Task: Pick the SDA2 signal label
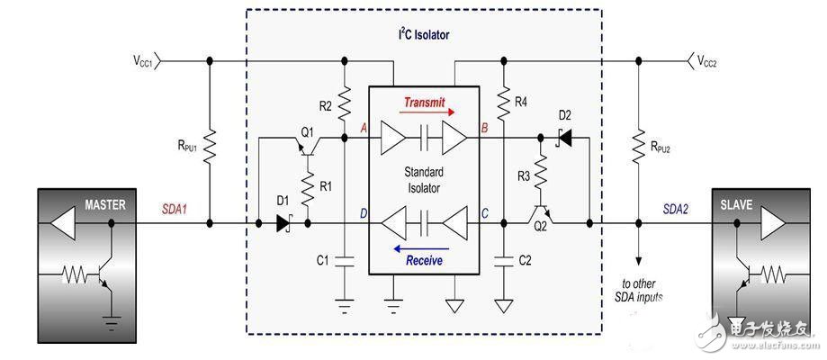point(677,209)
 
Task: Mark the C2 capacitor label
point(524,262)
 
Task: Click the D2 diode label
point(564,115)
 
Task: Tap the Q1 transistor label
point(308,131)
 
